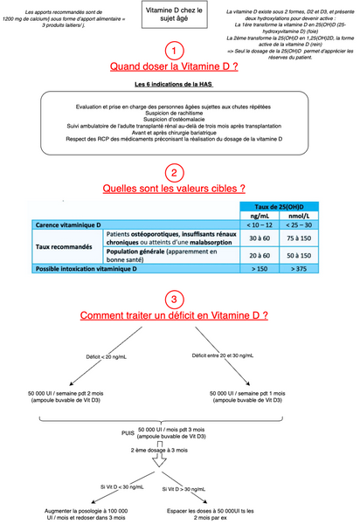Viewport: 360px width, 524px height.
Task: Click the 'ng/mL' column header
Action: pyautogui.click(x=260, y=215)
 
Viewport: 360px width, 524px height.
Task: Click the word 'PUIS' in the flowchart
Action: pyautogui.click(x=128, y=432)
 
